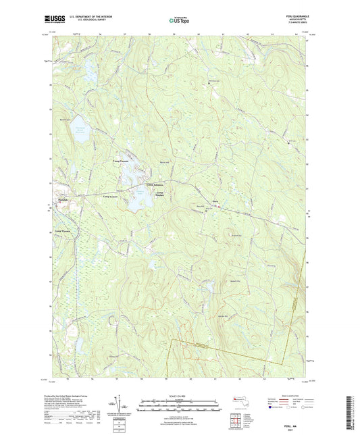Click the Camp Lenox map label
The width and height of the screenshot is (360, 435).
pos(111,197)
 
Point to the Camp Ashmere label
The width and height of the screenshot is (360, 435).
pos(154,184)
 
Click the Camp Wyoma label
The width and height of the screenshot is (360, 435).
pos(63,232)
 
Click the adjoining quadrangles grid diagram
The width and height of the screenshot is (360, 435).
pos(237,413)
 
